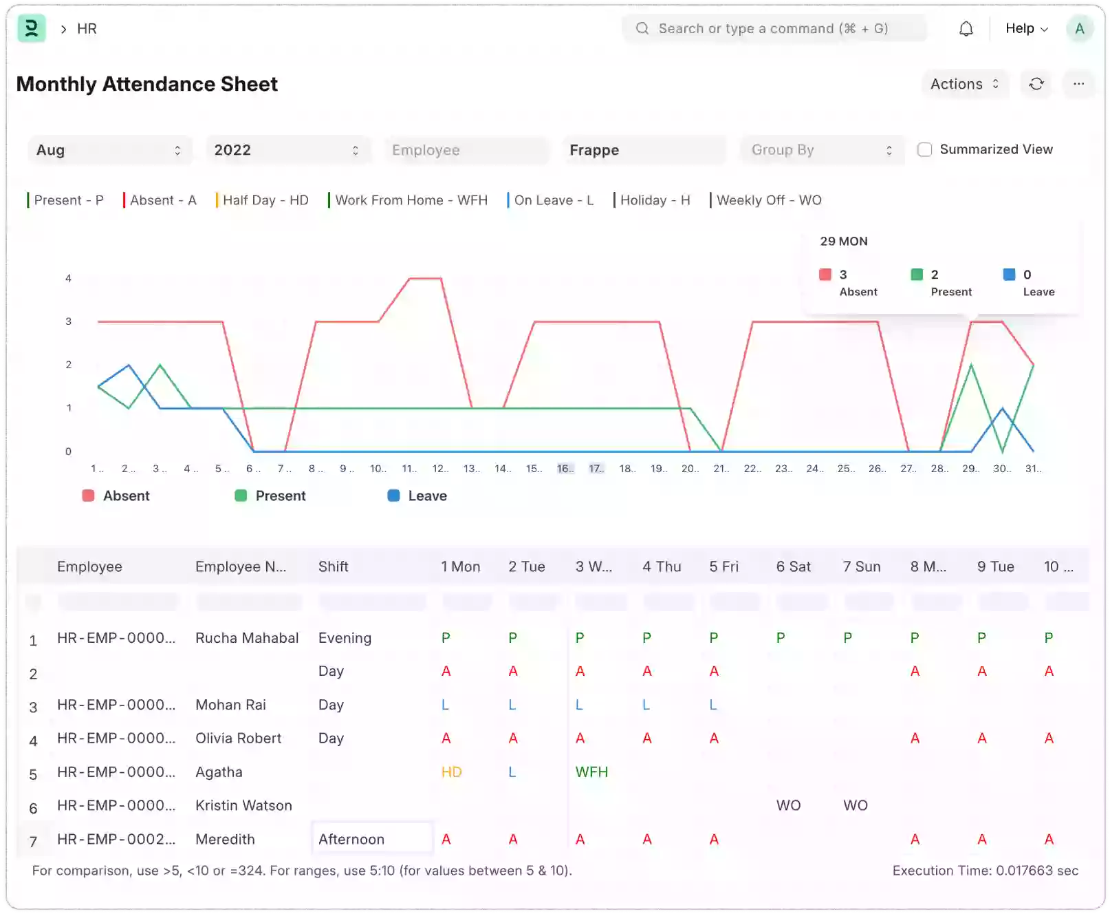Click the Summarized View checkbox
pos(925,149)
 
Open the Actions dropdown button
pos(964,84)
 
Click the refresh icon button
pos(1036,84)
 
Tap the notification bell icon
pos(966,29)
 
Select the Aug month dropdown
pos(109,150)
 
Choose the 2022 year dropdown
pos(287,150)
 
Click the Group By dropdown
pos(821,150)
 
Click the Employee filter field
pos(466,150)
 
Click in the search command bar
pos(774,29)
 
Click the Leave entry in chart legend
pos(417,496)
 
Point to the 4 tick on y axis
pos(68,278)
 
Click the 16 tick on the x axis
pos(565,469)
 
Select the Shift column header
pos(334,566)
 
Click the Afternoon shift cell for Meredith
pos(372,839)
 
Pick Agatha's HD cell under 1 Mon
pos(451,772)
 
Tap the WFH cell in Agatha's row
pos(591,772)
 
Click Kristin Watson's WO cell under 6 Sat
pos(788,805)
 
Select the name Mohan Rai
pos(230,705)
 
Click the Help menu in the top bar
pos(1026,29)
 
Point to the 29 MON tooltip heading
pos(844,242)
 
